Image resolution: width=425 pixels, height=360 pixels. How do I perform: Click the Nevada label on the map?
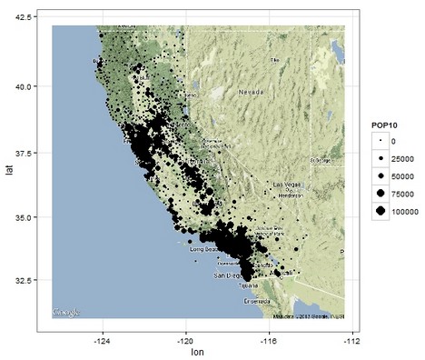251,93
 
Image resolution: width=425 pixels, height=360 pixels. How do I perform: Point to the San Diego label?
228,274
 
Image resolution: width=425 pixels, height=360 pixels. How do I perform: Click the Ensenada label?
257,300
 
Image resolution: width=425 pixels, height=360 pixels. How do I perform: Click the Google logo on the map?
66,311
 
